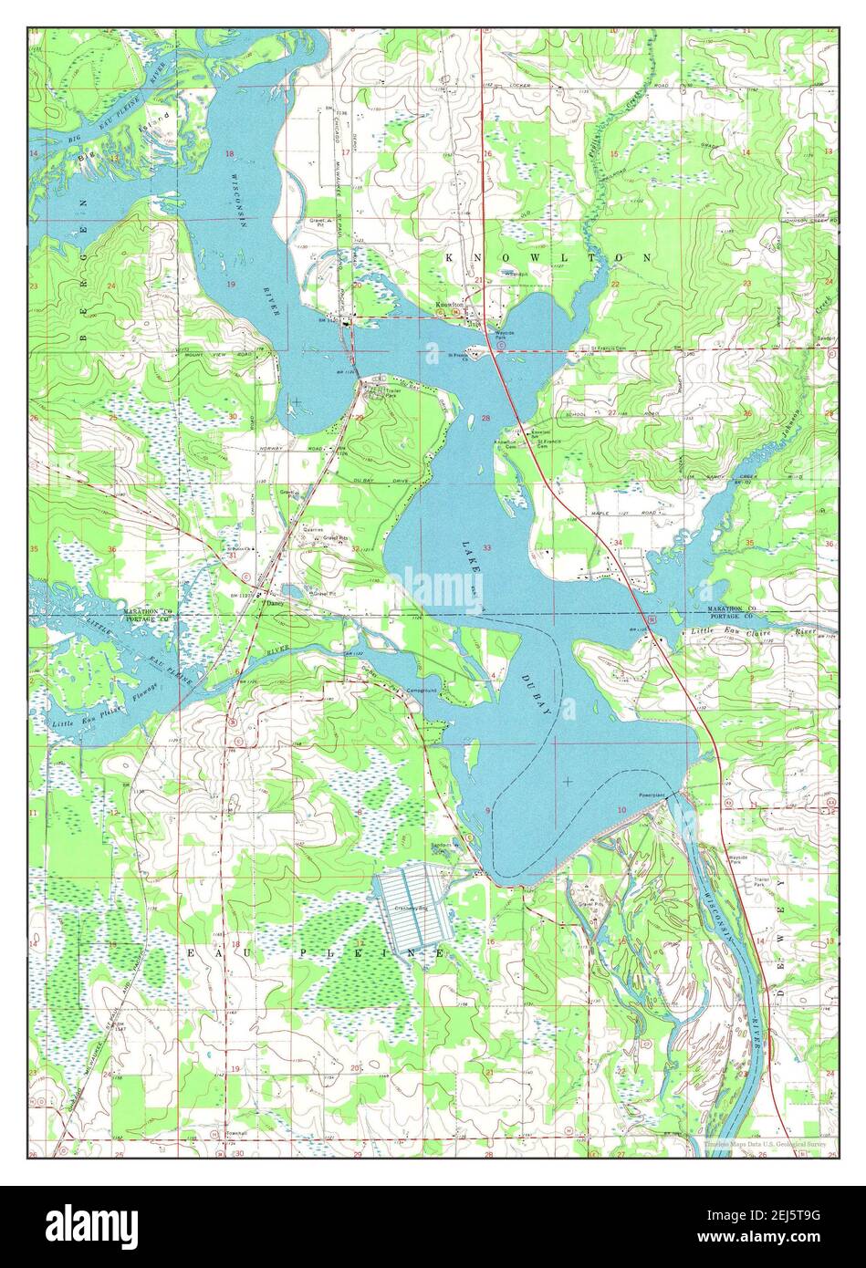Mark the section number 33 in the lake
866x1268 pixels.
[x=486, y=548]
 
